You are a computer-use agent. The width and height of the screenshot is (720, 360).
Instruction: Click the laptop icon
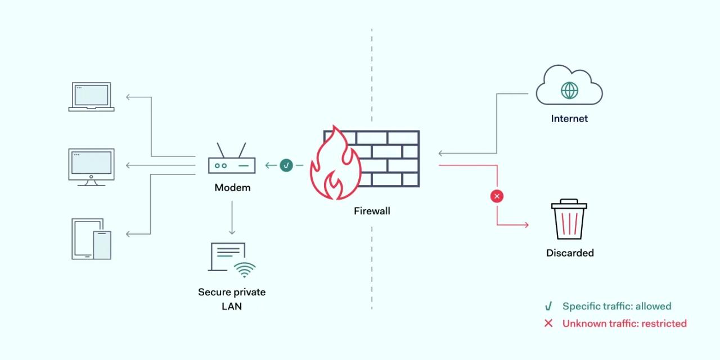91,97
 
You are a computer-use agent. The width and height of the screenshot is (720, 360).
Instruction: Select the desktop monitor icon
91,166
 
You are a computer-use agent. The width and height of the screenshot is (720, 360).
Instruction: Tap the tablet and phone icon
92,238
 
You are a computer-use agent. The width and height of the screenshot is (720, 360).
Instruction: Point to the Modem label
232,187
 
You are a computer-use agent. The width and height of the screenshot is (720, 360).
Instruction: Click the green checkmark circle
286,165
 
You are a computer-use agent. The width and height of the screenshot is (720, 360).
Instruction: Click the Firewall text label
372,211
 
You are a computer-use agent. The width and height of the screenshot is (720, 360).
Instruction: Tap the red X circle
497,196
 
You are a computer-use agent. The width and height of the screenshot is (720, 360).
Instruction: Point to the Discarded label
570,253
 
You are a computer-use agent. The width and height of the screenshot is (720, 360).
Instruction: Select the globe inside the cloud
570,91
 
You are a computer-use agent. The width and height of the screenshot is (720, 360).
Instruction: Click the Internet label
569,119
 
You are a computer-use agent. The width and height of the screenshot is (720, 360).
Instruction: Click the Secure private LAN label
232,299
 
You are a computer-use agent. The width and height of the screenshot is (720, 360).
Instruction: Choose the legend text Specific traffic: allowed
616,307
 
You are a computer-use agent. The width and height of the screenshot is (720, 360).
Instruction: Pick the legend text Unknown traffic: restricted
624,323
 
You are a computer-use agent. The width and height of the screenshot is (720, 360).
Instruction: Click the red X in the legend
548,323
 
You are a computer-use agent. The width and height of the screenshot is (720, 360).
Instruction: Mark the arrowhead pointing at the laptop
129,97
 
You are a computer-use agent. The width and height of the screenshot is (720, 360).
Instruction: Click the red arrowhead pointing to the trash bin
525,225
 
